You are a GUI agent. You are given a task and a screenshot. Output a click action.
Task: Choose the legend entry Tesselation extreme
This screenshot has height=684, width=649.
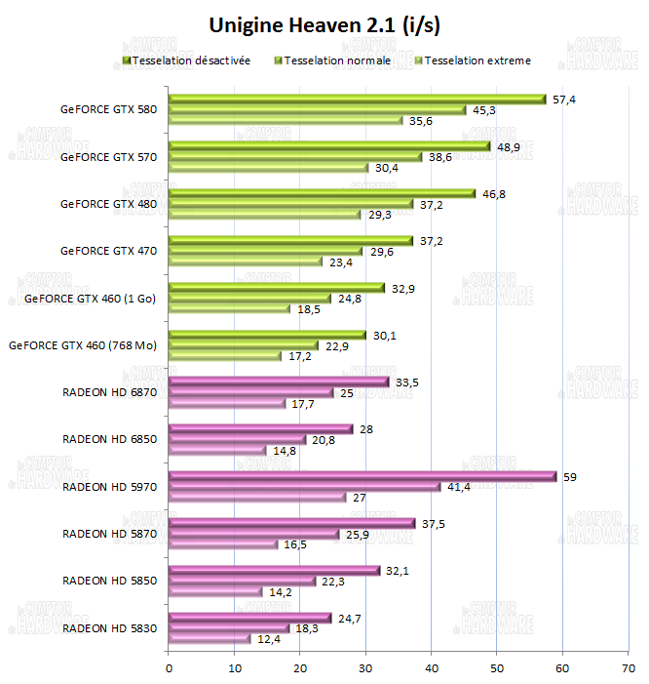coord(477,60)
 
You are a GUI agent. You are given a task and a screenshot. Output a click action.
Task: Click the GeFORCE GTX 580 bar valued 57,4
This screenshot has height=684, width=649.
coord(357,99)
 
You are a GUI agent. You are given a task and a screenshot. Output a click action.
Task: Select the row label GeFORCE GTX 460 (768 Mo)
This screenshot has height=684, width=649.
coord(82,344)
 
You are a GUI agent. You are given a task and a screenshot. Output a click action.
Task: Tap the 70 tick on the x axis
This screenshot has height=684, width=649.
coord(628,668)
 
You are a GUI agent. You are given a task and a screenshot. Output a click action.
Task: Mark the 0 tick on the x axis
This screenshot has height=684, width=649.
coord(169,668)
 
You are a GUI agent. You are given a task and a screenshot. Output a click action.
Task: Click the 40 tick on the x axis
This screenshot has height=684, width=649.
coord(431,668)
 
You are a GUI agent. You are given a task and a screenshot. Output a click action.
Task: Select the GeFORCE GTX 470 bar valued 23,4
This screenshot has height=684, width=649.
coord(245,262)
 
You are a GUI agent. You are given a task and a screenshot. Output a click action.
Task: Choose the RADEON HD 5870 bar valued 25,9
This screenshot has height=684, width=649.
coord(253,534)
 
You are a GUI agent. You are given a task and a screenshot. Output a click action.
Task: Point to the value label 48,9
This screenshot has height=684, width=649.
coord(509,145)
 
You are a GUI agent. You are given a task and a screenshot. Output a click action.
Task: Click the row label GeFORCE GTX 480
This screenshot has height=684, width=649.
coord(108,203)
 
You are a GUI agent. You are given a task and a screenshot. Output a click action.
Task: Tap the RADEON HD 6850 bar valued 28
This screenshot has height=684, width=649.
coord(260,428)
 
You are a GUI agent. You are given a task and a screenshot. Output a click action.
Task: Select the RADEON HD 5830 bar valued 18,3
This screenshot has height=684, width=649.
coord(228,628)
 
